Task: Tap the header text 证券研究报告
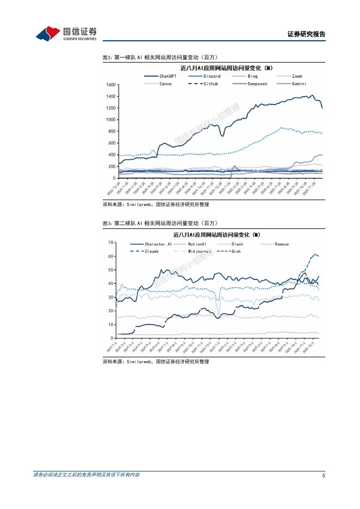[306, 34]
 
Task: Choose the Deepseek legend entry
[257, 84]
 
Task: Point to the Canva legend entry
[165, 84]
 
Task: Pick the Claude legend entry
[152, 251]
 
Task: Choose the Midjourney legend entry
[199, 251]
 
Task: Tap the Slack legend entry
[237, 244]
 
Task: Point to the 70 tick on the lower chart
[111, 242]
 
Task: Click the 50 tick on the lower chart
[111, 270]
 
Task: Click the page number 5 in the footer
[324, 476]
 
